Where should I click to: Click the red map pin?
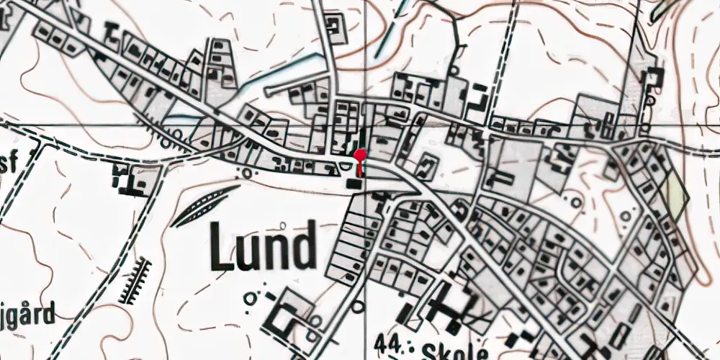pyautogui.click(x=361, y=156)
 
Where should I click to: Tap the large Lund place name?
pyautogui.click(x=264, y=246)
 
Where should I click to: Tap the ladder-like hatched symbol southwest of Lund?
pyautogui.click(x=136, y=281)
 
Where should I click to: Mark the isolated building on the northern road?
pyautogui.click(x=334, y=28)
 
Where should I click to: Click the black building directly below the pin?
pyautogui.click(x=354, y=184)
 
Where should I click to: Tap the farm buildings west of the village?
pyautogui.click(x=130, y=179)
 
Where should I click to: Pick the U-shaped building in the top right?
pyautogui.click(x=654, y=79)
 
